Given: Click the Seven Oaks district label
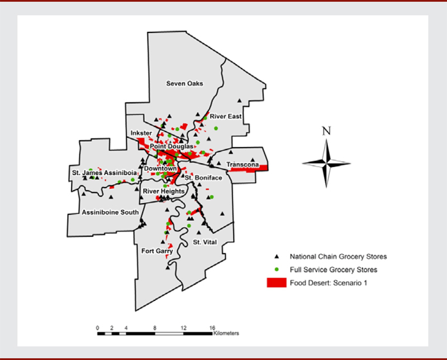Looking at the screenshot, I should tap(184, 84).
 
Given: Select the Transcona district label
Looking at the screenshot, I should tap(244, 165).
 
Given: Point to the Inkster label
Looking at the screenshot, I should tap(140, 133).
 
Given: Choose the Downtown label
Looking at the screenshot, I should tap(160, 168).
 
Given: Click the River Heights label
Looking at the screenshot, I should tap(163, 191).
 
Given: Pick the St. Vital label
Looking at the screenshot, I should tap(205, 242).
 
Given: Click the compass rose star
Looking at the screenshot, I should tap(326, 162).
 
